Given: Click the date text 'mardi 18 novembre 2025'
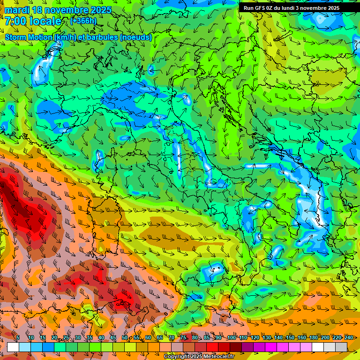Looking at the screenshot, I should (58, 10).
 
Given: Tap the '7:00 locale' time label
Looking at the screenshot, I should (33, 21).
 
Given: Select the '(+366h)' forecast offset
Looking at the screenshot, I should (83, 21).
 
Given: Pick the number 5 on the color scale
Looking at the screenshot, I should (18, 337).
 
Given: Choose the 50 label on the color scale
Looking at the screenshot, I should (125, 337).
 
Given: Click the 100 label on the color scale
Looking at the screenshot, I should (232, 337).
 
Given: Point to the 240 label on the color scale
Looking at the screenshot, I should (349, 337).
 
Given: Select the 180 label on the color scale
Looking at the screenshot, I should (314, 337).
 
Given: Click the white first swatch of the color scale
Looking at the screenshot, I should (13, 347).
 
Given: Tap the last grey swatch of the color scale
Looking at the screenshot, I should (341, 347).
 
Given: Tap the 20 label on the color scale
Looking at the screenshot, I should (54, 337).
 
